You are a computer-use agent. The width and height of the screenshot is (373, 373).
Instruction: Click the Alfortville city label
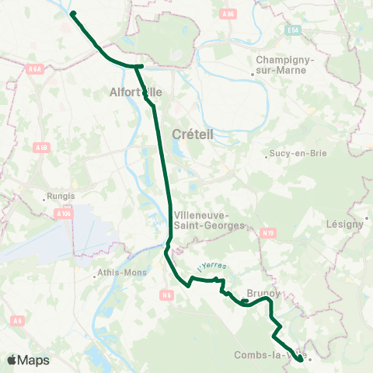136,92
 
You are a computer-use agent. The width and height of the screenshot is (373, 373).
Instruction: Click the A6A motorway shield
33,69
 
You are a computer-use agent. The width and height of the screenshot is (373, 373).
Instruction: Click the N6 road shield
166,294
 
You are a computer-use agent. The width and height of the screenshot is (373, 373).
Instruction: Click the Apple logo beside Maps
12,360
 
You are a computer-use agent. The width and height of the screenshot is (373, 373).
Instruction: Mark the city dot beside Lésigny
366,218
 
